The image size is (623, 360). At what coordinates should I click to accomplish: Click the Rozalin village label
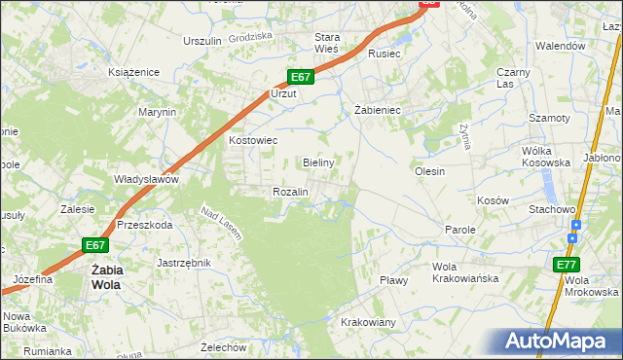290,192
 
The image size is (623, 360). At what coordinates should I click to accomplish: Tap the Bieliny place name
318,162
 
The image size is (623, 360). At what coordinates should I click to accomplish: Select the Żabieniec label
378,110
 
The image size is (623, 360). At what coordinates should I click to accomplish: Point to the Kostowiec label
253,140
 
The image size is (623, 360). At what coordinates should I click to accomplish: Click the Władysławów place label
147,179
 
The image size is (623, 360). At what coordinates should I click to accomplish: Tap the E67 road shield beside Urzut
300,77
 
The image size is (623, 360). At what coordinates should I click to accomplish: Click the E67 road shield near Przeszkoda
94,245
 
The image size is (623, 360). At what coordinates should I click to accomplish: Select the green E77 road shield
567,265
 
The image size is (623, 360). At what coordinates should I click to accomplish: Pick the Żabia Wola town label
105,277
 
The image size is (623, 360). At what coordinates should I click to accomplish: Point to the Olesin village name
429,171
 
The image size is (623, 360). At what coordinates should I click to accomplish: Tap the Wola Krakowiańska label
465,272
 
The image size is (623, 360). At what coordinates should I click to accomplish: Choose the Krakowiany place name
368,322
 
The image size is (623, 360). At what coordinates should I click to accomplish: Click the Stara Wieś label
325,42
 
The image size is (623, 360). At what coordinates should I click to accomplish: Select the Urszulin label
202,41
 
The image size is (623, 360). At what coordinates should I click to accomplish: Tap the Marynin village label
157,112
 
